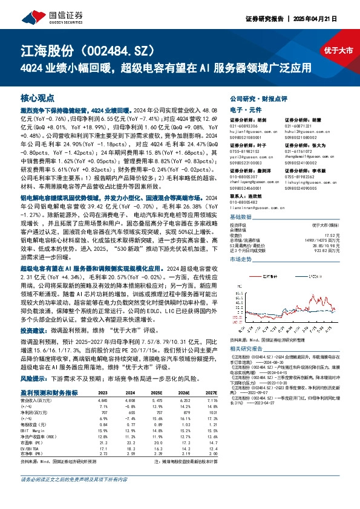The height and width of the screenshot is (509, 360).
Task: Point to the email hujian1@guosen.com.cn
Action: tap(250, 131)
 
